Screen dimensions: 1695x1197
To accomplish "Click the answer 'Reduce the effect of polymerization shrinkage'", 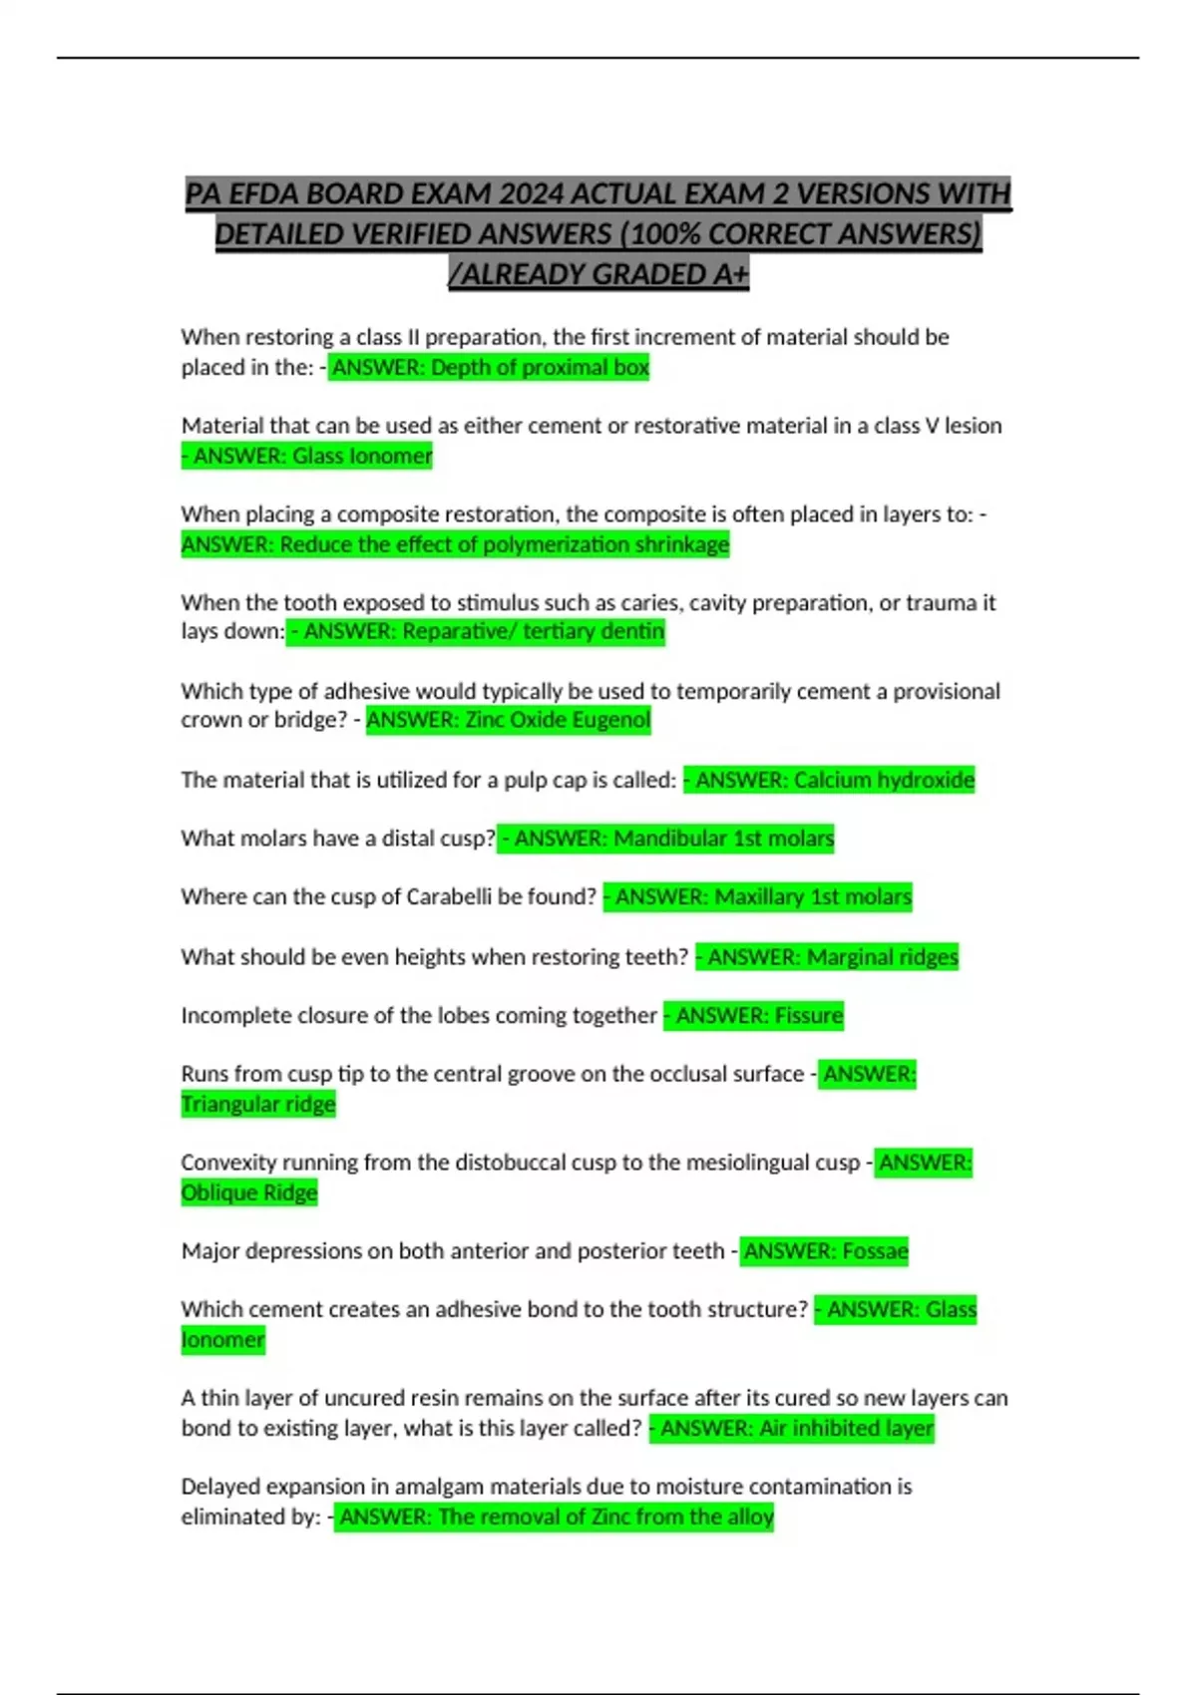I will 504,544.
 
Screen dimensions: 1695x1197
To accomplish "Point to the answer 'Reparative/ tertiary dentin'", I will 533,631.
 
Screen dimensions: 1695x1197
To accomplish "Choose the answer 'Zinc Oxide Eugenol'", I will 557,720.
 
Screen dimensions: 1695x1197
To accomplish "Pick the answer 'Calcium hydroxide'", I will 884,780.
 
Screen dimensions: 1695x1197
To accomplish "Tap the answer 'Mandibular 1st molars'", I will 723,839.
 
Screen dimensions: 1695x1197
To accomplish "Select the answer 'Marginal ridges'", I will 882,957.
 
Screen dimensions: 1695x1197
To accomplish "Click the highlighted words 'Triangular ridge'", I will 258,1105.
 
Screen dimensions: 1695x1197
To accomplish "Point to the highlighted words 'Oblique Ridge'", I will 249,1193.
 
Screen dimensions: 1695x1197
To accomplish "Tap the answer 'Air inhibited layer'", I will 846,1429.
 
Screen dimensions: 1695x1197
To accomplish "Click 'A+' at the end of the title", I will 730,274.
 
